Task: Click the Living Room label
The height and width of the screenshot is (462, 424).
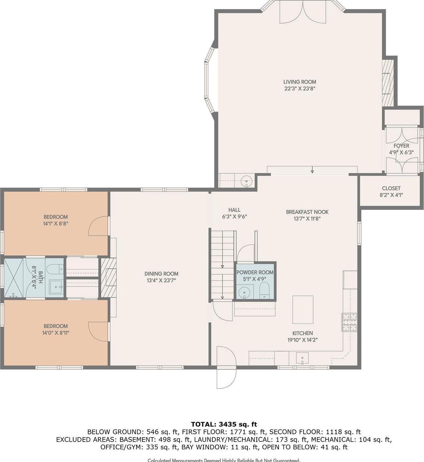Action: click(299, 82)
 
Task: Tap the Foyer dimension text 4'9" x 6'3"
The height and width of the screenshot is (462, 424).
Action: click(401, 152)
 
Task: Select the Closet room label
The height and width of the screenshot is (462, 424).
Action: click(391, 189)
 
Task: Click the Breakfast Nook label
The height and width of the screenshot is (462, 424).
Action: click(307, 212)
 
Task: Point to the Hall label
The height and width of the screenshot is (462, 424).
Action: click(234, 210)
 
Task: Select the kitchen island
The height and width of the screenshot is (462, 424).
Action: click(303, 310)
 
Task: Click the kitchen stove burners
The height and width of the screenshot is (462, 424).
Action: click(349, 322)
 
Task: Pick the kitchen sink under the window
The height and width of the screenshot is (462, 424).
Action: click(302, 358)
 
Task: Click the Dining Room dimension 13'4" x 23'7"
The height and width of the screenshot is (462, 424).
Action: click(161, 280)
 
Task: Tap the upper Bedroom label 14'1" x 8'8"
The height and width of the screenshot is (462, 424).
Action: click(56, 224)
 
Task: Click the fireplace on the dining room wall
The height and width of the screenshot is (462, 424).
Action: click(108, 277)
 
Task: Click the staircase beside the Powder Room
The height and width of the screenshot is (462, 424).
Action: click(222, 264)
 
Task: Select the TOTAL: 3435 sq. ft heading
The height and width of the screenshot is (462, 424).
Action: click(224, 424)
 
